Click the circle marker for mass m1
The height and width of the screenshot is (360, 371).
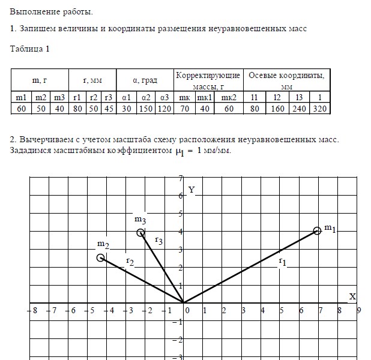(x=318, y=230)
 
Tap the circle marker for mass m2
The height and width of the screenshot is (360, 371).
(x=101, y=257)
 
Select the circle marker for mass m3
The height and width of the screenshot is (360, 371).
(x=140, y=233)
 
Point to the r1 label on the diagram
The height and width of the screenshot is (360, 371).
(x=282, y=262)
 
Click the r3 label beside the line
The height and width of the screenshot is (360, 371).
(x=159, y=241)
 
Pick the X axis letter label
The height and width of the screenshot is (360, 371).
(x=352, y=296)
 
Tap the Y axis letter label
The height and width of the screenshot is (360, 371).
(x=192, y=190)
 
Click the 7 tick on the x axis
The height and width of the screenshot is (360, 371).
(x=320, y=311)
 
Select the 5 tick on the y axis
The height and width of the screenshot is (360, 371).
(x=180, y=214)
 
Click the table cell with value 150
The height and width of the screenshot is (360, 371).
(x=146, y=109)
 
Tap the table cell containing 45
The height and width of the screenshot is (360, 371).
(x=108, y=109)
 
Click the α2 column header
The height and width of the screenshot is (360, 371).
(x=146, y=97)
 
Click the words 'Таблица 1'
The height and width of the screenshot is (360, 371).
(x=30, y=49)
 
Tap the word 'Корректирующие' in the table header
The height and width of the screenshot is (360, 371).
(x=208, y=76)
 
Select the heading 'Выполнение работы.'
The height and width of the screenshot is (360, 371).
(x=52, y=11)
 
